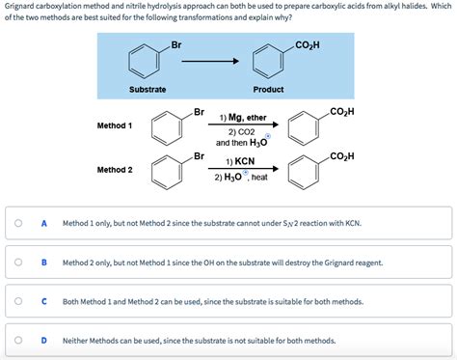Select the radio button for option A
[x=18, y=223]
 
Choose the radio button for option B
[x=18, y=263]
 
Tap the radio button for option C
[x=18, y=301]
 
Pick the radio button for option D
[x=18, y=340]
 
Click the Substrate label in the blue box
[x=148, y=90]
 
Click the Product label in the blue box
[x=268, y=90]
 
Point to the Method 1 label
[x=115, y=125]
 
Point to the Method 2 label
[x=115, y=170]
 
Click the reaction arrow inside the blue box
[x=210, y=61]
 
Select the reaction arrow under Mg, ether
[x=243, y=125]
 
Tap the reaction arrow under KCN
[x=243, y=168]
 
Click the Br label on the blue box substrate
[x=176, y=45]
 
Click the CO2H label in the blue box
[x=308, y=45]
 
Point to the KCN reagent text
[x=245, y=161]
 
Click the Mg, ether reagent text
[x=247, y=118]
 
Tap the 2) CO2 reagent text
[x=241, y=132]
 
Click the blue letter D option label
[x=44, y=340]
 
